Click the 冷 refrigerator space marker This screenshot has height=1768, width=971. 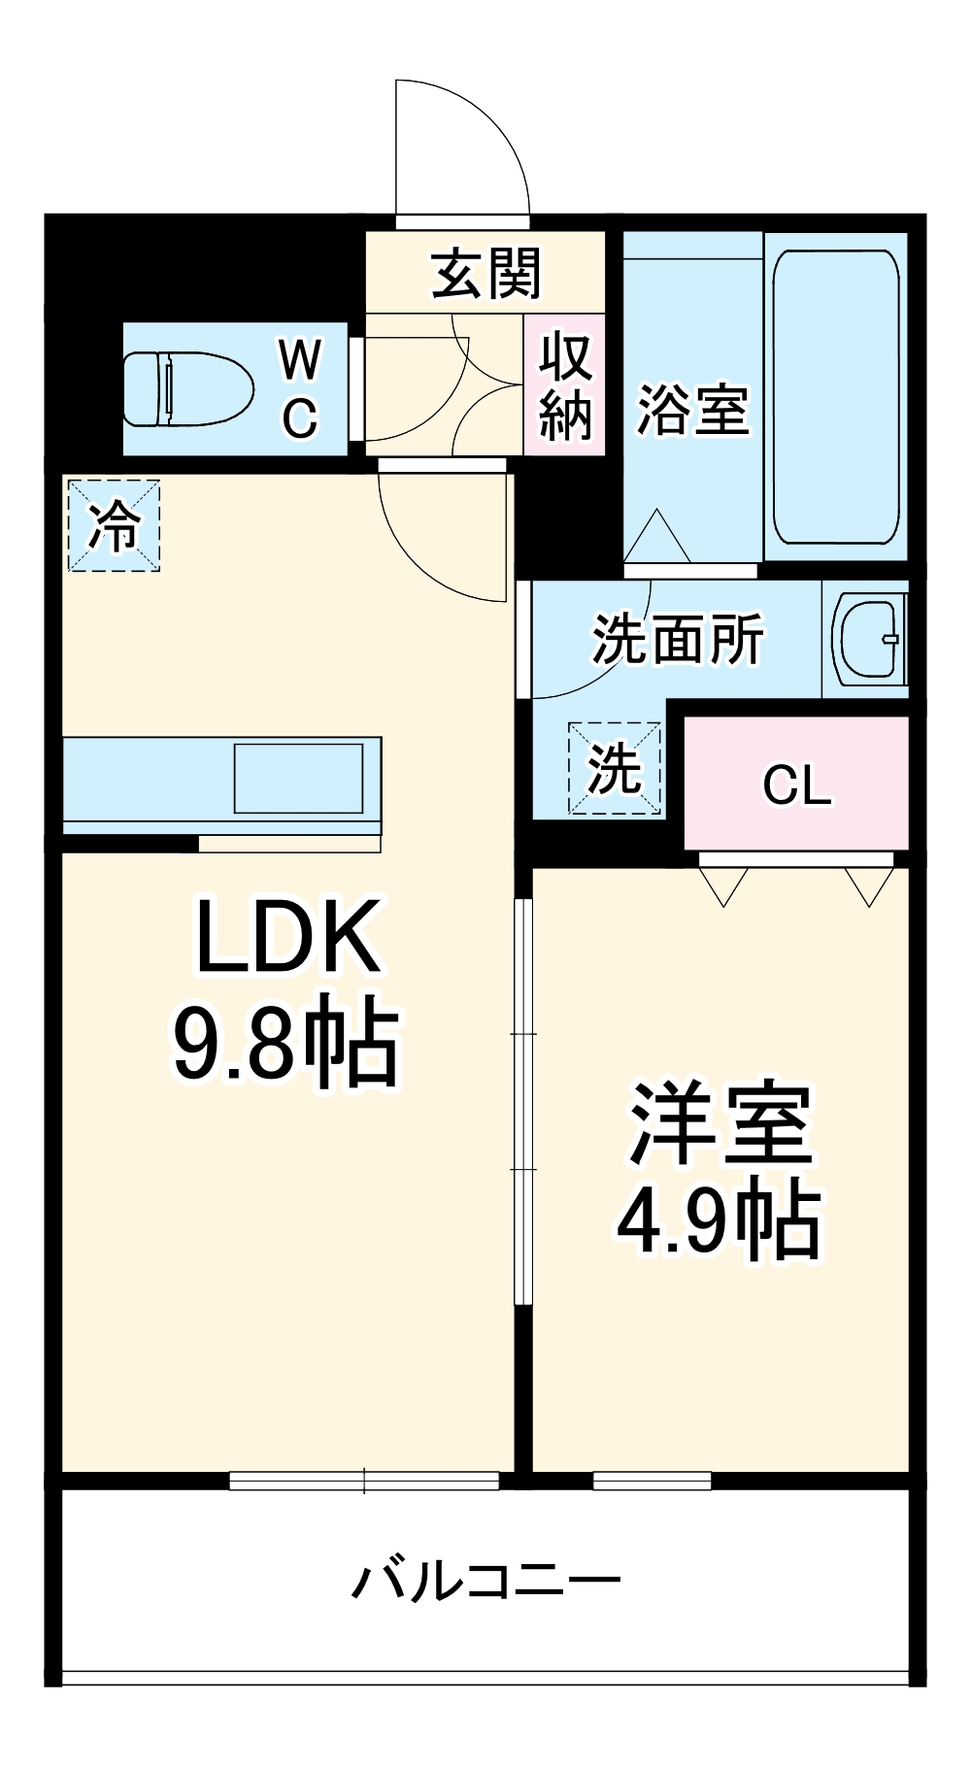pyautogui.click(x=114, y=524)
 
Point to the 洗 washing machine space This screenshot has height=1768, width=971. pyautogui.click(x=615, y=768)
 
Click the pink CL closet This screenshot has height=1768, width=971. pyautogui.click(x=796, y=784)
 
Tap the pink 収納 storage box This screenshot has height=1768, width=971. pyautogui.click(x=565, y=384)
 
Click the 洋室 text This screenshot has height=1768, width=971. pyautogui.click(x=720, y=1124)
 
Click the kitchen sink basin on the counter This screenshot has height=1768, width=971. pyautogui.click(x=298, y=778)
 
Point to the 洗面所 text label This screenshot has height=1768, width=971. pyautogui.click(x=678, y=639)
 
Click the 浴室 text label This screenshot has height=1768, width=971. pyautogui.click(x=692, y=409)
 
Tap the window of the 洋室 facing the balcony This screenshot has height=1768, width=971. pyautogui.click(x=652, y=1481)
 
